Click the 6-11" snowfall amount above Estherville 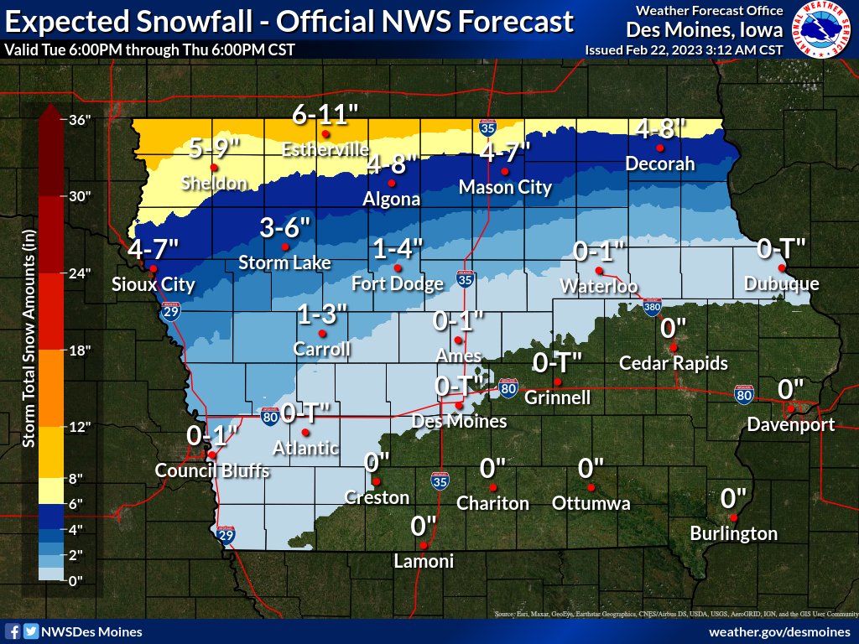click(325, 115)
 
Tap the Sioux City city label click(154, 285)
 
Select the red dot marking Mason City click(505, 172)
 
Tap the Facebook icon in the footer click(13, 631)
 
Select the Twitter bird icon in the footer click(31, 631)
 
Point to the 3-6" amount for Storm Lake click(285, 228)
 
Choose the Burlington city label click(733, 533)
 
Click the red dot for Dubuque click(781, 268)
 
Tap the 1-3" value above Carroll click(322, 315)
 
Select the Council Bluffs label click(212, 471)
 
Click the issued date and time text click(684, 49)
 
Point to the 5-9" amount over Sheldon click(215, 148)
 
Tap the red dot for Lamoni click(424, 546)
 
